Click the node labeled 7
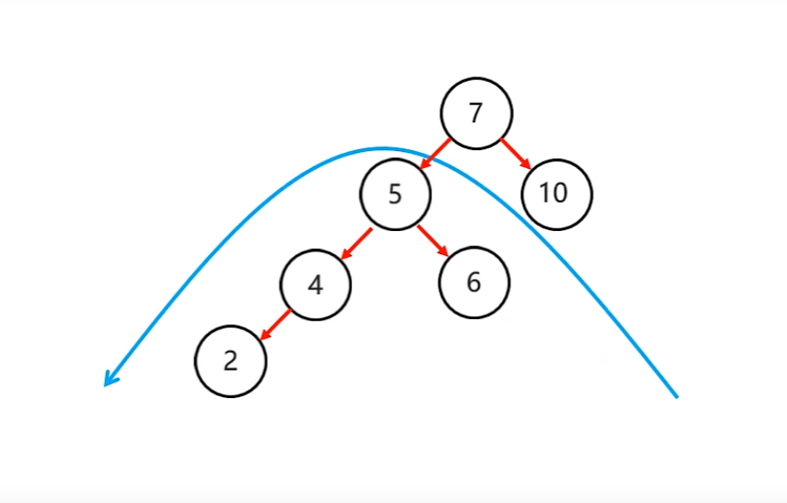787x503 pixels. (x=476, y=113)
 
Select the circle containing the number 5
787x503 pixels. (x=395, y=194)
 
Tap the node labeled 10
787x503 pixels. (x=556, y=194)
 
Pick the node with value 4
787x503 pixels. (x=315, y=284)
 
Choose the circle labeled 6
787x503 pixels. (x=474, y=283)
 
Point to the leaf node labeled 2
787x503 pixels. (x=231, y=361)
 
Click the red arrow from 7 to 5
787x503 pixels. (x=436, y=152)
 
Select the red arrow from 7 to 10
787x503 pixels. (x=516, y=152)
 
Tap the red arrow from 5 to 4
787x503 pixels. (x=356, y=241)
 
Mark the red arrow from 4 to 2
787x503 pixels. (x=276, y=323)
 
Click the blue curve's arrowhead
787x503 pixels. (x=108, y=380)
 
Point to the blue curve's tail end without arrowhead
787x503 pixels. (x=677, y=395)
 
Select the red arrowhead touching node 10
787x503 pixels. (x=526, y=164)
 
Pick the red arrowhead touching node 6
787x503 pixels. (x=446, y=251)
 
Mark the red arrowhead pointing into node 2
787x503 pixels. (x=264, y=335)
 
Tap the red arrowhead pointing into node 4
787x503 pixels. (x=344, y=252)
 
